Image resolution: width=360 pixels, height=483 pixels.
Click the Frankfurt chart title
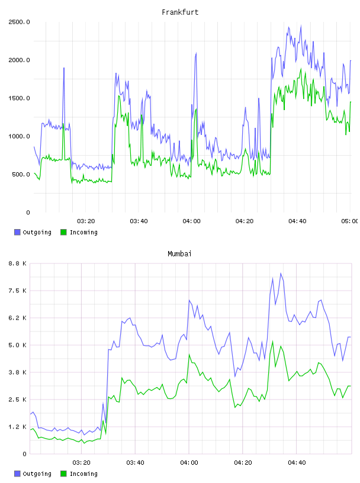(x=180, y=12)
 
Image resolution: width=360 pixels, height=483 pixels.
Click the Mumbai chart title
(x=179, y=254)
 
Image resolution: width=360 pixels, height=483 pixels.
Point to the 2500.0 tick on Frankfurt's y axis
(x=19, y=22)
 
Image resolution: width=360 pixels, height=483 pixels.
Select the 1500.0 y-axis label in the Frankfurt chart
(x=19, y=98)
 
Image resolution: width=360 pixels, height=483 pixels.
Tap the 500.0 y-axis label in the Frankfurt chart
(x=21, y=175)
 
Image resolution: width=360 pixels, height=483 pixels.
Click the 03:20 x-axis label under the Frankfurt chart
(x=86, y=221)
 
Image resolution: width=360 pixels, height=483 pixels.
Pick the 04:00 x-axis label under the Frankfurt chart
(x=191, y=221)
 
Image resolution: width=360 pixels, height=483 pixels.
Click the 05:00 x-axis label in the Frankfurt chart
(x=350, y=221)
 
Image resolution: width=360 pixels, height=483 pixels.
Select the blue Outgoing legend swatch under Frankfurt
(x=17, y=232)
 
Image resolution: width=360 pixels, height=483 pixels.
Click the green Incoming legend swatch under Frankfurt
(x=63, y=232)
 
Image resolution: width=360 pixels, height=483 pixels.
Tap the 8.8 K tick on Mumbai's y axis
(x=17, y=263)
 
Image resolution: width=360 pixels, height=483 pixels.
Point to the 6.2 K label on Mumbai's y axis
(x=17, y=318)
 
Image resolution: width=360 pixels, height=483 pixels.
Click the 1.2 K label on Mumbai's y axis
(x=17, y=427)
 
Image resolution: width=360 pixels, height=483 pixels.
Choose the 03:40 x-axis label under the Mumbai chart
(x=136, y=463)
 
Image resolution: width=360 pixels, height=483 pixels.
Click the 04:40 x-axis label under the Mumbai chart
(x=297, y=463)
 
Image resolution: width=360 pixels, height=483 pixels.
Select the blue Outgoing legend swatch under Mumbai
(x=17, y=474)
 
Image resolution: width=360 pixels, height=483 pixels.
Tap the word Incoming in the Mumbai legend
(x=83, y=474)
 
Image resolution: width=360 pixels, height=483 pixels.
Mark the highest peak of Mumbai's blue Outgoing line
(x=281, y=273)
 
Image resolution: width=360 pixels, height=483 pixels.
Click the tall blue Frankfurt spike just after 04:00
(x=196, y=54)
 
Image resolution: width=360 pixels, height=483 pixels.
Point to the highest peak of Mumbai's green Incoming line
(x=272, y=342)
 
